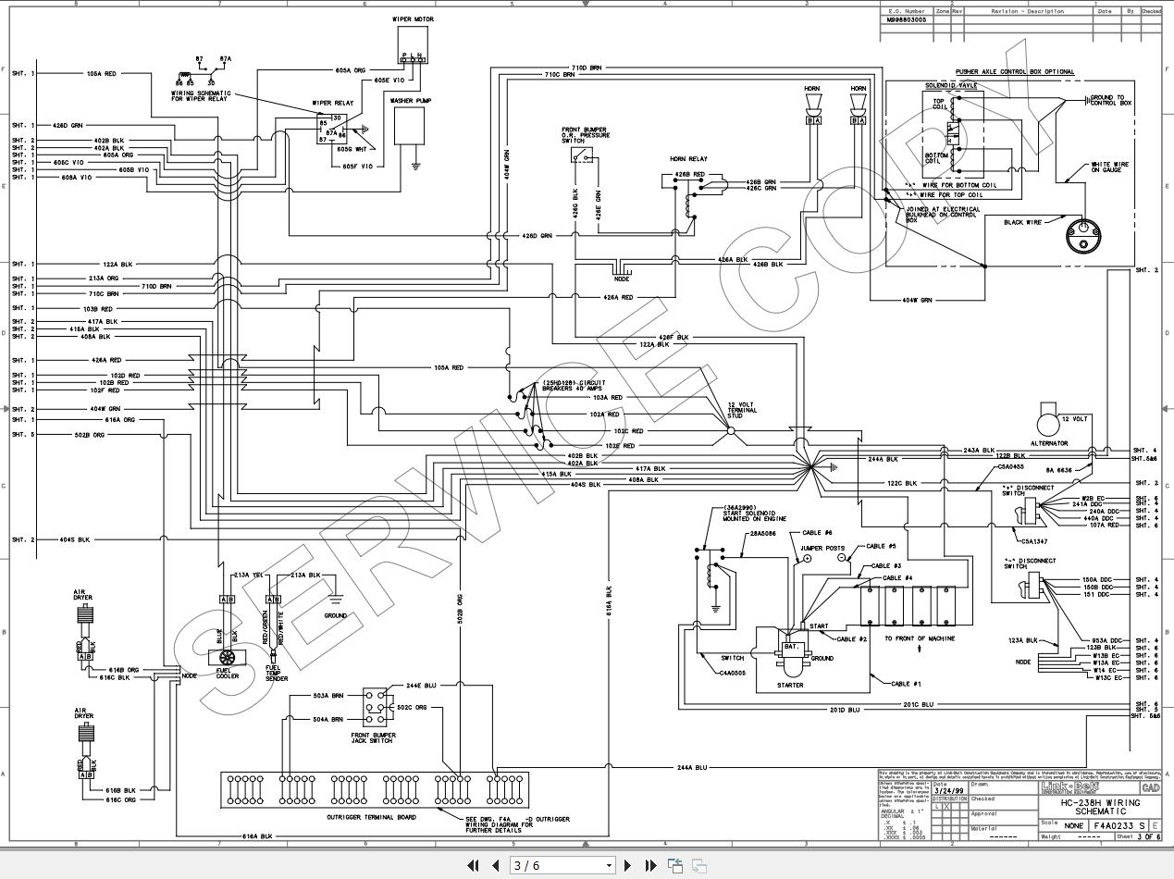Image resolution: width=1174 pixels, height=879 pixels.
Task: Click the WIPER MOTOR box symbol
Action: [x=413, y=42]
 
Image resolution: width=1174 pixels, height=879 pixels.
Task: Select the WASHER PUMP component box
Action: [x=409, y=126]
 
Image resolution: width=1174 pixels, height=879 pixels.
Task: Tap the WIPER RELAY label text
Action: [x=332, y=103]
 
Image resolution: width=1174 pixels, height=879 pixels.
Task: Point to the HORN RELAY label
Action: [x=688, y=159]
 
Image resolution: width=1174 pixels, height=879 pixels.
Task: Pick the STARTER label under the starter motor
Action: [x=790, y=686]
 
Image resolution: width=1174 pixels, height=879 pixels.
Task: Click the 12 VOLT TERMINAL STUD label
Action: [x=742, y=410]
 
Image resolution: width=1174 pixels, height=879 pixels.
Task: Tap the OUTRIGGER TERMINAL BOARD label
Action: [x=371, y=817]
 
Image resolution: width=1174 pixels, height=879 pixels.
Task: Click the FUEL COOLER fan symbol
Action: [x=227, y=656]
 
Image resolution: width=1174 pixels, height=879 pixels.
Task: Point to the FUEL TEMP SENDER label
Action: [x=277, y=674]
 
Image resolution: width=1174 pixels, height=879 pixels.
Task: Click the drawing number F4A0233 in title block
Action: [x=1113, y=825]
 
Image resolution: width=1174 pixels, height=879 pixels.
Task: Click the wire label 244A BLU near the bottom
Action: [x=691, y=767]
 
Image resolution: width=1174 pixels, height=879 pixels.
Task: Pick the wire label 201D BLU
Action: [x=844, y=710]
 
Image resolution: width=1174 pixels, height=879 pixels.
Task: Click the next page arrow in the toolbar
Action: [x=628, y=865]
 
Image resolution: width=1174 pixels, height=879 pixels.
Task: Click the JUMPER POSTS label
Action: [x=822, y=549]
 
